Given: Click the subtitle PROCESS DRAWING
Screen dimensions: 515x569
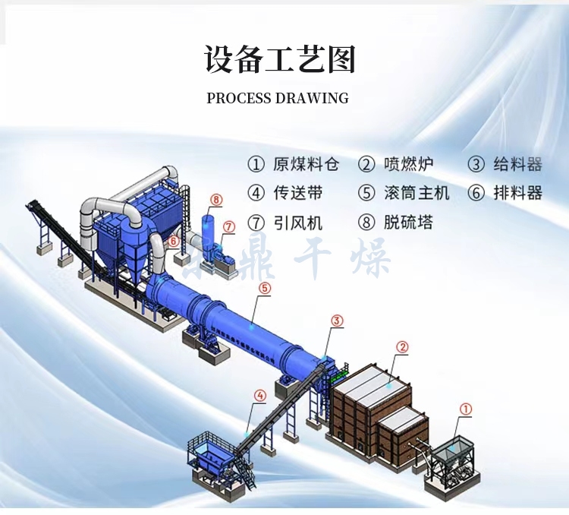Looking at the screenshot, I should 278,98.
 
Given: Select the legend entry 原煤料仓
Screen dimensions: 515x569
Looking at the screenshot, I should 294,164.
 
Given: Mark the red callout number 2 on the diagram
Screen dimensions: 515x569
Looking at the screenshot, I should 403,346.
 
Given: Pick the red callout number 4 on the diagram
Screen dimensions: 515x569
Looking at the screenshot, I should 260,395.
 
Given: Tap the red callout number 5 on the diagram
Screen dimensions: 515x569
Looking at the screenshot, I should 264,288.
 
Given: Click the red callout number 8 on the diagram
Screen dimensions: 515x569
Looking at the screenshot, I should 217,200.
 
